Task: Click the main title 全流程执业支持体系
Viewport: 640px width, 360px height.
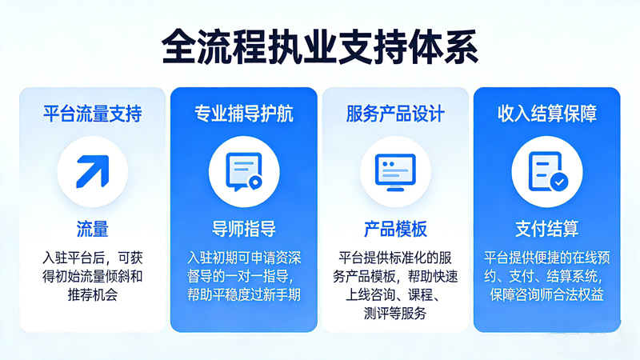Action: click(320, 47)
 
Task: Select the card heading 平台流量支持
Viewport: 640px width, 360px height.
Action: click(92, 113)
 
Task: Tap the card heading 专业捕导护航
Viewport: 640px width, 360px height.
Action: click(243, 113)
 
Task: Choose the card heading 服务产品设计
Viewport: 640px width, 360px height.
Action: click(395, 113)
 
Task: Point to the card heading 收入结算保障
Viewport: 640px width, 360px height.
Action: click(546, 113)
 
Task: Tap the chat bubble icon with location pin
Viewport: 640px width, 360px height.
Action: click(243, 170)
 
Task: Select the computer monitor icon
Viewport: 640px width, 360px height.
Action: click(395, 170)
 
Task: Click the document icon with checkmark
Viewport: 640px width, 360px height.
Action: click(546, 170)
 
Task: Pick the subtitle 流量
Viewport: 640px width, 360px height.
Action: click(92, 229)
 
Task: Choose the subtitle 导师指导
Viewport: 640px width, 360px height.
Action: click(243, 229)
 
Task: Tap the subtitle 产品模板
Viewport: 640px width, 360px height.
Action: click(395, 229)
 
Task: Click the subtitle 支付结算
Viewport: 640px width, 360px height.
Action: click(546, 229)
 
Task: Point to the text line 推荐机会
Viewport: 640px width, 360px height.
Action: click(92, 296)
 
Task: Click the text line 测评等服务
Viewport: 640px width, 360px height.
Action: click(395, 314)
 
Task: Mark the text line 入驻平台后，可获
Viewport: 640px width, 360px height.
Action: click(92, 258)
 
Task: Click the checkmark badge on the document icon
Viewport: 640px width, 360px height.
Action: click(560, 182)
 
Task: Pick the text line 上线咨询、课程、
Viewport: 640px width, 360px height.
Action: click(395, 295)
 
